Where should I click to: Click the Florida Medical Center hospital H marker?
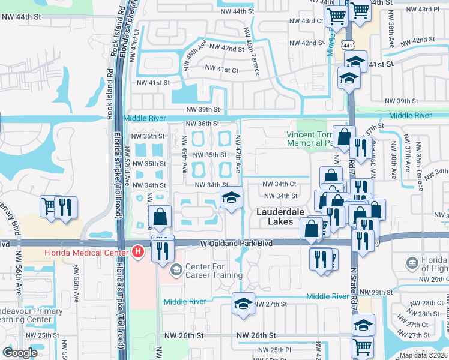(137, 250)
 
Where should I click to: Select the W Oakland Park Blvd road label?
(236, 244)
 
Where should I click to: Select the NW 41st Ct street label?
(221, 70)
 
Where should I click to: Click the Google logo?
(20, 353)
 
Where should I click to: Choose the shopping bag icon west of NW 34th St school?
(160, 218)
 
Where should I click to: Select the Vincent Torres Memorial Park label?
(309, 139)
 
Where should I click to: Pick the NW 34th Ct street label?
(280, 184)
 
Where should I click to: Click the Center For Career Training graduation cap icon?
(176, 269)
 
